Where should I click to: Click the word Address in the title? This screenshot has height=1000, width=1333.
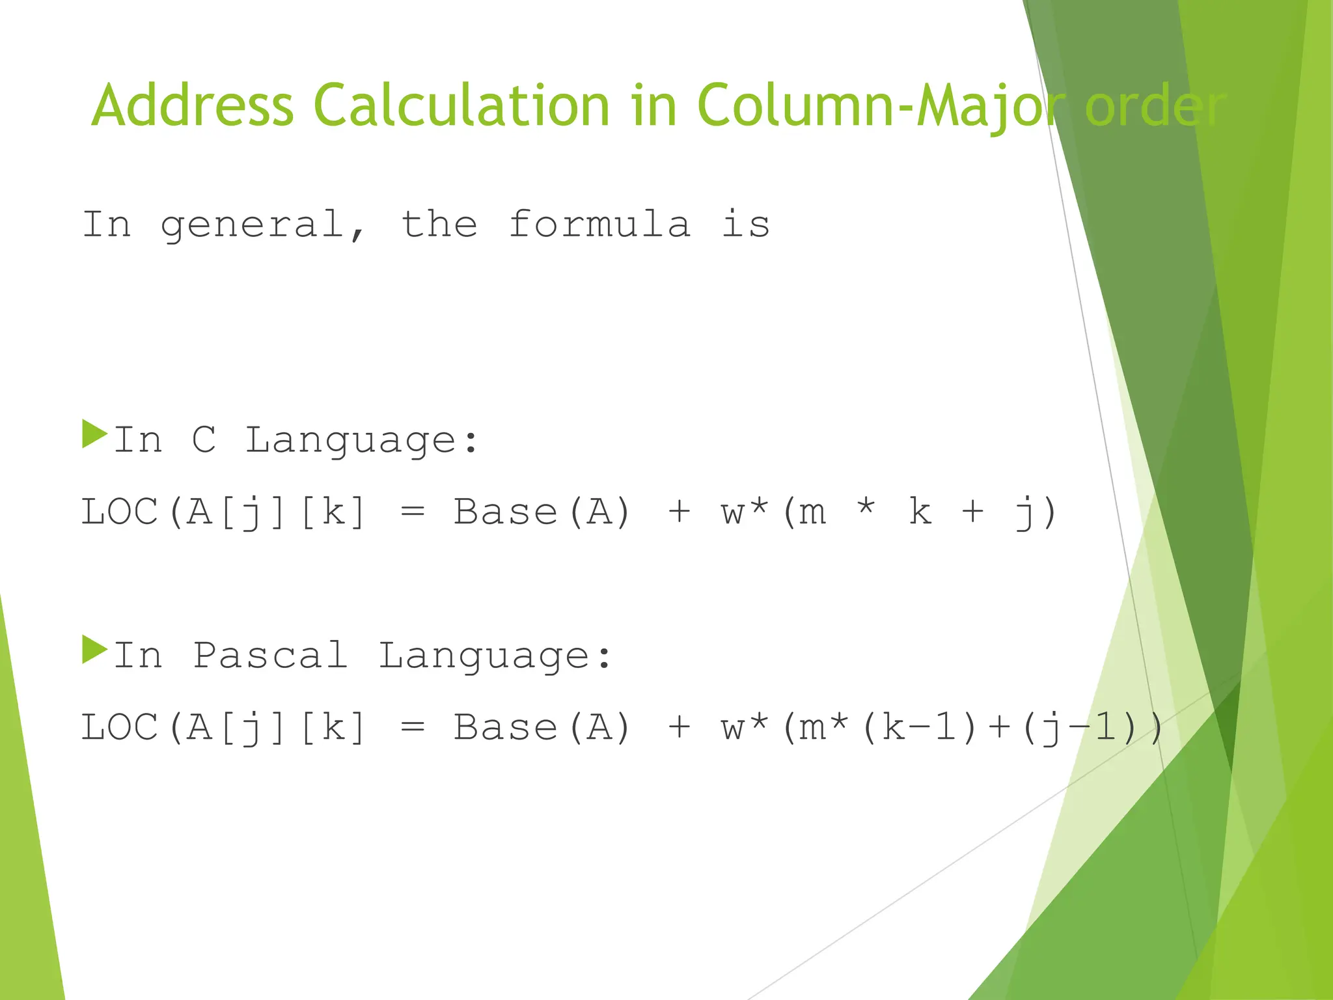click(x=193, y=105)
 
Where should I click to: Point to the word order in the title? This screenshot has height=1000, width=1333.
click(x=1155, y=107)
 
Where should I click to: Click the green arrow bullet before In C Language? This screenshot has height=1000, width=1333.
click(x=94, y=434)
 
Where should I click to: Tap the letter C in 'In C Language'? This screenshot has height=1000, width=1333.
click(x=204, y=439)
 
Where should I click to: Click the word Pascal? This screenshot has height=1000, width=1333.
click(x=269, y=655)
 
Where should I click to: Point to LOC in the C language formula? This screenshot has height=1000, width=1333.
click(x=120, y=512)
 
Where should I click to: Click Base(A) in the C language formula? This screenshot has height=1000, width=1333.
click(x=542, y=512)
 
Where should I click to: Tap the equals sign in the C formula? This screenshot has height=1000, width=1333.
click(x=413, y=512)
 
